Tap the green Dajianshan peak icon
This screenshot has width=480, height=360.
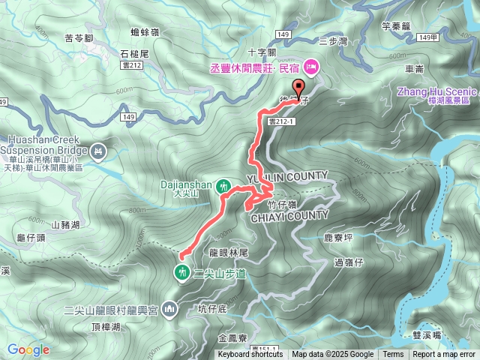pyautogui.click(x=223, y=185)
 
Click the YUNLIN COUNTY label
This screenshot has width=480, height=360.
pyautogui.click(x=288, y=176)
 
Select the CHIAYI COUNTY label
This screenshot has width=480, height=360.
pyautogui.click(x=288, y=215)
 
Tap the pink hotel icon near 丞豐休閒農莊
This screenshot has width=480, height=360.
pyautogui.click(x=311, y=65)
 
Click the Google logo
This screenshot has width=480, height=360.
pyautogui.click(x=28, y=349)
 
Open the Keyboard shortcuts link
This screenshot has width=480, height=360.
pyautogui.click(x=250, y=355)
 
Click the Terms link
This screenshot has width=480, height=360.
pyautogui.click(x=393, y=355)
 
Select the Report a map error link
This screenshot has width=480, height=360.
pyautogui.click(x=444, y=355)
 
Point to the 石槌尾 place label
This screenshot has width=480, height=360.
pyautogui.click(x=136, y=54)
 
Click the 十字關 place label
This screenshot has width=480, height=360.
pyautogui.click(x=262, y=52)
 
